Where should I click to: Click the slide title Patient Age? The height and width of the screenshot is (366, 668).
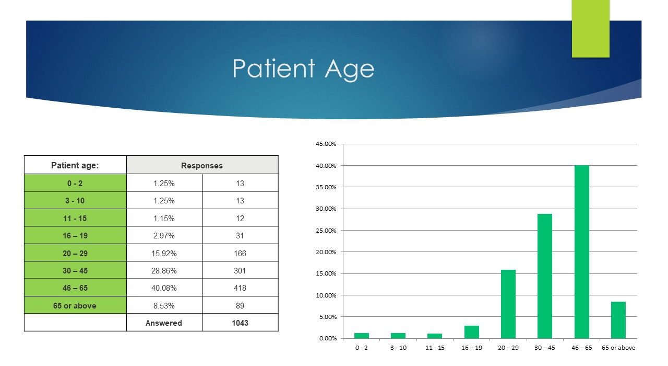pyautogui.click(x=303, y=69)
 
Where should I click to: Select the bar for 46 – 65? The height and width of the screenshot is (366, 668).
pyautogui.click(x=581, y=252)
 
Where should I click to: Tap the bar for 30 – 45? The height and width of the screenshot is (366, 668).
pyautogui.click(x=545, y=276)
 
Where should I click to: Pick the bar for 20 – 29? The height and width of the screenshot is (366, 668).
pyautogui.click(x=508, y=304)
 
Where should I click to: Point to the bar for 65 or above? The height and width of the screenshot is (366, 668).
pyautogui.click(x=618, y=320)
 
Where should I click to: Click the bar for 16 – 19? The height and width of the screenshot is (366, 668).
pyautogui.click(x=472, y=332)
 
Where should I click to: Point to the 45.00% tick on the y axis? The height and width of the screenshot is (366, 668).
pyautogui.click(x=326, y=144)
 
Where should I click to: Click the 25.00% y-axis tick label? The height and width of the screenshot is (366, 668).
pyautogui.click(x=326, y=231)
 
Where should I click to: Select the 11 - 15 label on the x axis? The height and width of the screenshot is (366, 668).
pyautogui.click(x=435, y=348)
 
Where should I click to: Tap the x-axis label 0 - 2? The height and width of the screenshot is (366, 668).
pyautogui.click(x=362, y=348)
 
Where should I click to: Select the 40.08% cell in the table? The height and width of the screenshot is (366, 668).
pyautogui.click(x=164, y=288)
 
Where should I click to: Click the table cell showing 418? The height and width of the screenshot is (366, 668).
pyautogui.click(x=240, y=288)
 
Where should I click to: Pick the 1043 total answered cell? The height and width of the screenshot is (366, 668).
pyautogui.click(x=240, y=323)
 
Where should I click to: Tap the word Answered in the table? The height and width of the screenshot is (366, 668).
pyautogui.click(x=164, y=323)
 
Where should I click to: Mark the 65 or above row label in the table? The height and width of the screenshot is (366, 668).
pyautogui.click(x=75, y=305)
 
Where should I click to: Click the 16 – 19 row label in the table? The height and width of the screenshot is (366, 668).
pyautogui.click(x=75, y=235)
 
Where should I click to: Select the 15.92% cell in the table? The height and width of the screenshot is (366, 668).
pyautogui.click(x=164, y=254)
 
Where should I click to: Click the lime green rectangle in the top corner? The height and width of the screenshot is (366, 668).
pyautogui.click(x=590, y=29)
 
